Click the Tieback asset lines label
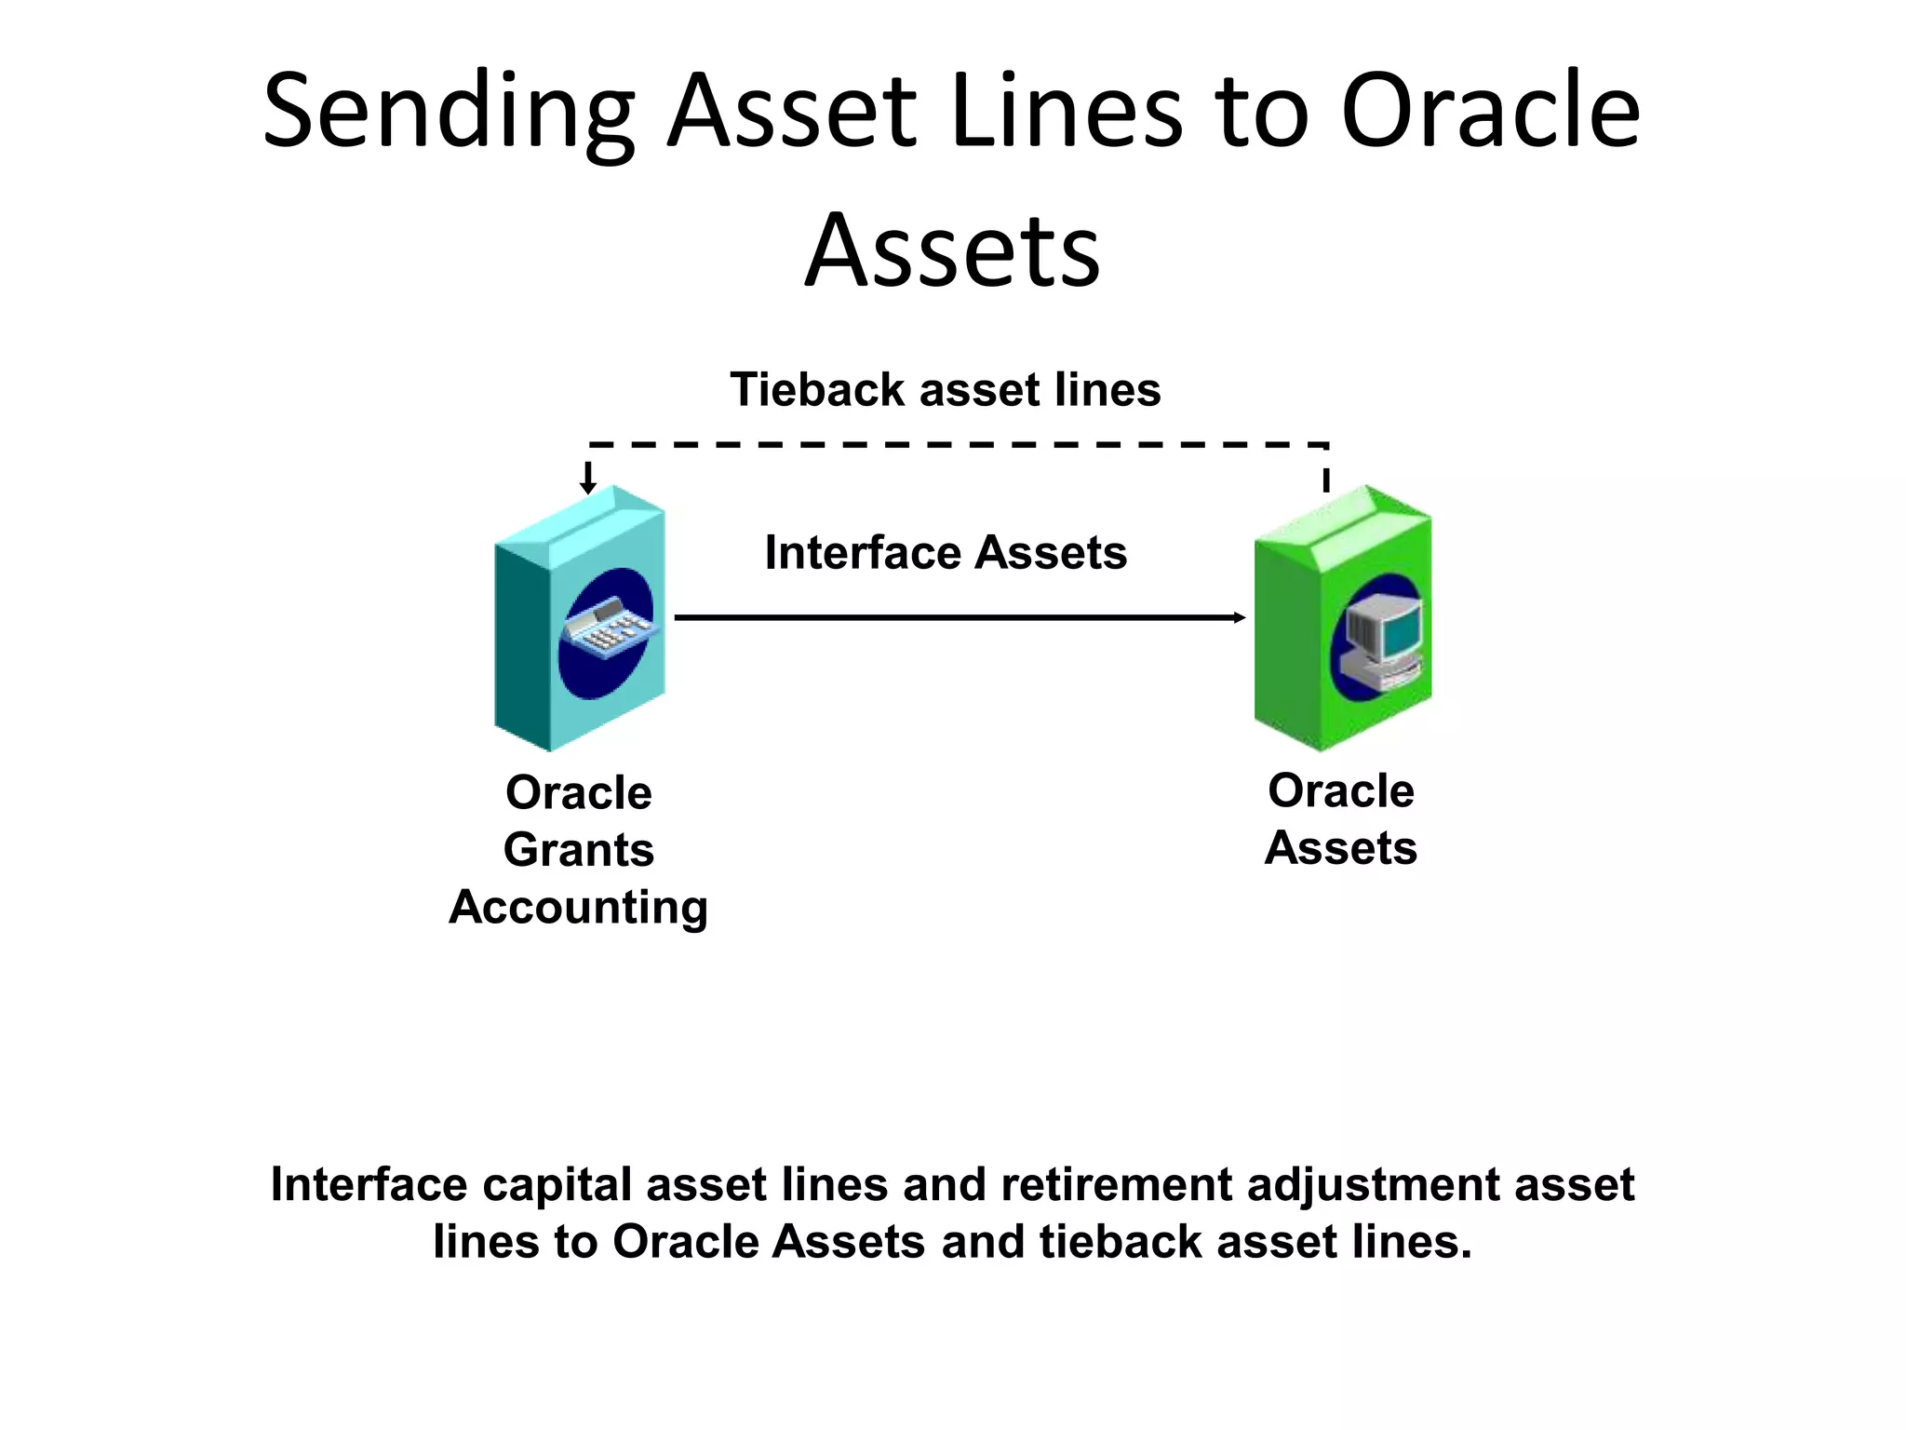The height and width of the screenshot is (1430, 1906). pos(945,389)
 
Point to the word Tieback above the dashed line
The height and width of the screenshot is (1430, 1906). pos(816,389)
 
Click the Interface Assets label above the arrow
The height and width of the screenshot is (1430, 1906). pos(945,552)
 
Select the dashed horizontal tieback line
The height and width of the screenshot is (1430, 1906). pos(959,445)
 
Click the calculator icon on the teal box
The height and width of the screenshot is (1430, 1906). pos(608,628)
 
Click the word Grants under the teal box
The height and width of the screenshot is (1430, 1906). pos(579,850)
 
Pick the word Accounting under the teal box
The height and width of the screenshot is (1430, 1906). pos(579,907)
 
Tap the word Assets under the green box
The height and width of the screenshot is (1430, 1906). pos(1340,848)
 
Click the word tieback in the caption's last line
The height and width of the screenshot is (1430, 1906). pos(1120,1242)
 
